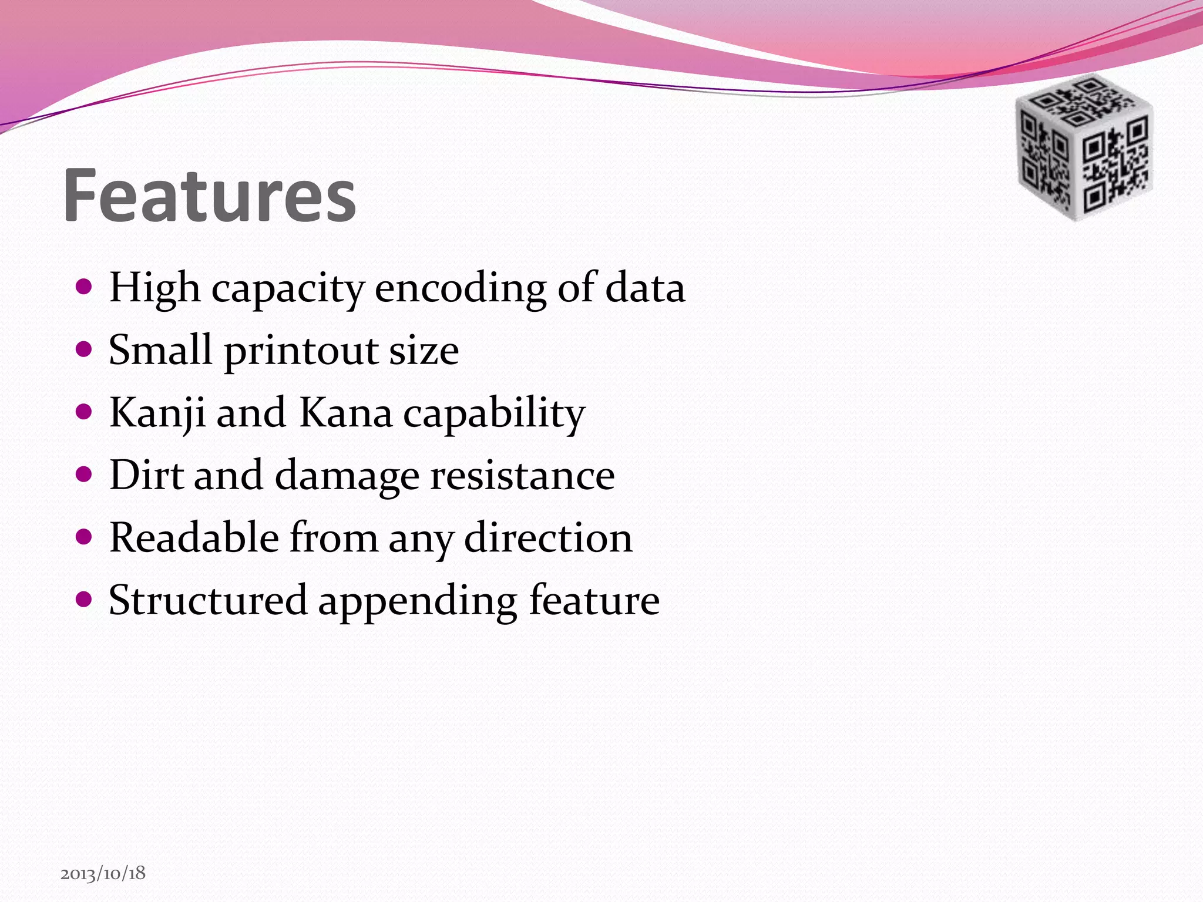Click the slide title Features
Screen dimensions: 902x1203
tap(210, 196)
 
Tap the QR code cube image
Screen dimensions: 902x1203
tap(1084, 147)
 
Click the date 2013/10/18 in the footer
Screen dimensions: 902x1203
tap(103, 873)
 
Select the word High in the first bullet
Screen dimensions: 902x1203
tap(154, 288)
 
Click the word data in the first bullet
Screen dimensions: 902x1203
tap(645, 288)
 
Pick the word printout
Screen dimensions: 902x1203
tap(301, 351)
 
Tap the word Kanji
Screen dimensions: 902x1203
tap(157, 413)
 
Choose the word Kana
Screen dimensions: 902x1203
tap(345, 413)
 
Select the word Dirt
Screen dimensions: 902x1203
tap(146, 475)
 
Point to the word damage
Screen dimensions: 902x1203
tap(347, 476)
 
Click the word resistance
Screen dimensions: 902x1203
tap(523, 475)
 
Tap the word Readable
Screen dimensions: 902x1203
tap(194, 537)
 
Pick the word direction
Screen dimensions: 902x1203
tap(548, 537)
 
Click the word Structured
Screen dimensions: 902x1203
tap(208, 600)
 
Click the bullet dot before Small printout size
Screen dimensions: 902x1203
tap(85, 349)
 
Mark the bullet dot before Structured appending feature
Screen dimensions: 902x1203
tap(85, 600)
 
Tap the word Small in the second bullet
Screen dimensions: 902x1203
tap(160, 350)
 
